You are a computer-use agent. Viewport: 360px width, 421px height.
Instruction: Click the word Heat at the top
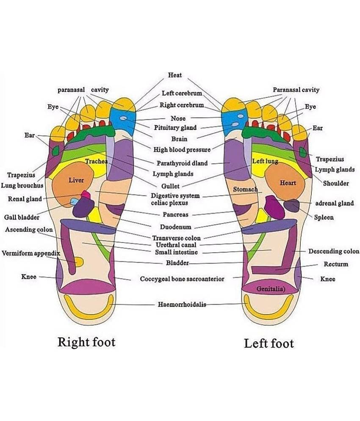pyautogui.click(x=174, y=75)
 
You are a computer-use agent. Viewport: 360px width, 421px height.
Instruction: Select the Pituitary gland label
pyautogui.click(x=178, y=128)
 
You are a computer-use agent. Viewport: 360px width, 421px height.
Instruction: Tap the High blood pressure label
pyautogui.click(x=182, y=150)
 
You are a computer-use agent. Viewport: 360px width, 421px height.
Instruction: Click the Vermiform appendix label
pyautogui.click(x=30, y=253)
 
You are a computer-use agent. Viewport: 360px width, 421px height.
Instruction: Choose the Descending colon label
pyautogui.click(x=333, y=251)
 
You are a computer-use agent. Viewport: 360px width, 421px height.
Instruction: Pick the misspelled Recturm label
pyautogui.click(x=336, y=264)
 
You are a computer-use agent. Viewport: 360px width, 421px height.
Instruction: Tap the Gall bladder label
pyautogui.click(x=22, y=217)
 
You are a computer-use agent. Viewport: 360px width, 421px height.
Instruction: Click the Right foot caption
pyautogui.click(x=86, y=341)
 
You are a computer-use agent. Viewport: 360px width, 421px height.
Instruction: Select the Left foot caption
pyautogui.click(x=269, y=343)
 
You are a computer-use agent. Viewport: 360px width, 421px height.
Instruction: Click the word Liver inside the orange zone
pyautogui.click(x=76, y=181)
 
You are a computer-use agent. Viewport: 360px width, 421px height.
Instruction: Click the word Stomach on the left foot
pyautogui.click(x=245, y=190)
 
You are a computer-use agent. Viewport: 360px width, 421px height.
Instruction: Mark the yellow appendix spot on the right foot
pyautogui.click(x=78, y=261)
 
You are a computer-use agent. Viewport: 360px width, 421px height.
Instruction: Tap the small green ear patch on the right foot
pyautogui.click(x=55, y=150)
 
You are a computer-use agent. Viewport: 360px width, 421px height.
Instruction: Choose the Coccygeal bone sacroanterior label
pyautogui.click(x=182, y=279)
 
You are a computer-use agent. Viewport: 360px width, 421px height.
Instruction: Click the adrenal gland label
pyautogui.click(x=334, y=203)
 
